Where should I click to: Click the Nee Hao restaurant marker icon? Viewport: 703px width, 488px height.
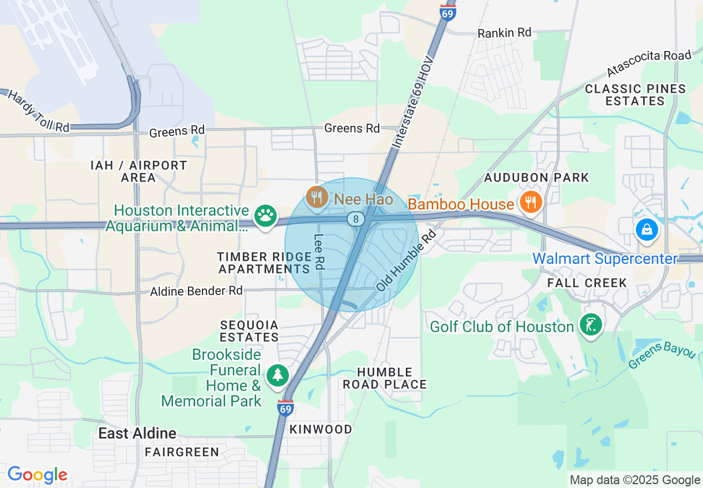317,197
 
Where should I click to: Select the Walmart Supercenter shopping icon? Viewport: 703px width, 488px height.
646,229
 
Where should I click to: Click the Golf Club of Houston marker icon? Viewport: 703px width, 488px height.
590,325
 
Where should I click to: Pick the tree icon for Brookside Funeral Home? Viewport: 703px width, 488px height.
277,375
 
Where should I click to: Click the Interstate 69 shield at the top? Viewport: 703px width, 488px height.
447,12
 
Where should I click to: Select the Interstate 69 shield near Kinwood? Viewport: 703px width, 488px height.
285,408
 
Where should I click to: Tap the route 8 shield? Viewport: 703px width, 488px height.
355,219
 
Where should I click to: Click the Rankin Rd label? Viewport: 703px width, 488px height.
504,33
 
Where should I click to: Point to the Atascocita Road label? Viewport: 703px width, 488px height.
649,63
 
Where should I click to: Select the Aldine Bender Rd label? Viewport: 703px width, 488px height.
196,291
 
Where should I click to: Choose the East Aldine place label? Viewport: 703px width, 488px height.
137,433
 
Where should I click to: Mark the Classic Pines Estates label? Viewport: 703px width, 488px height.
635,95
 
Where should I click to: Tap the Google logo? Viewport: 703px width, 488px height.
37,475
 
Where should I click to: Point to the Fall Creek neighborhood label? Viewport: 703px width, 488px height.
587,283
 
